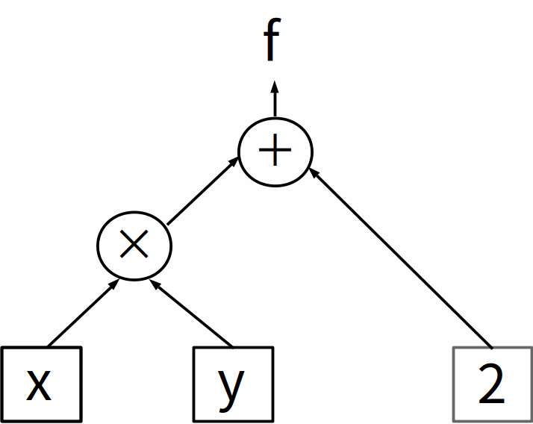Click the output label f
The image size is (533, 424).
tap(272, 43)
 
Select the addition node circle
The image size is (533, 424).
tap(275, 152)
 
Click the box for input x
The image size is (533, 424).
tap(41, 384)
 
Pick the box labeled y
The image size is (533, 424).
tap(232, 384)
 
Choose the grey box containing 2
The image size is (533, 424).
tap(493, 384)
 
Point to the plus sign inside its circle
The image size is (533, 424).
tap(275, 152)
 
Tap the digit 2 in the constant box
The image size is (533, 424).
tap(493, 386)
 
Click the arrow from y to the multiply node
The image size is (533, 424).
tap(193, 314)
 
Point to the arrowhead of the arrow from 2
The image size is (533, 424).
tap(314, 172)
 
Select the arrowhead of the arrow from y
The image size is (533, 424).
tap(155, 284)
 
